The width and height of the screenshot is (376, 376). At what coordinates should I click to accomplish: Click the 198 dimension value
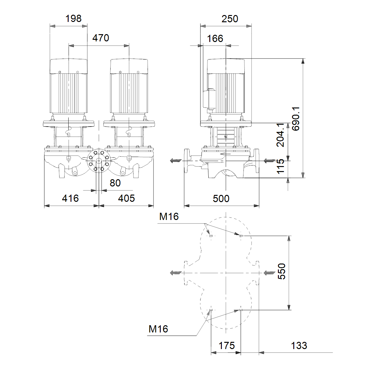(x=73, y=19)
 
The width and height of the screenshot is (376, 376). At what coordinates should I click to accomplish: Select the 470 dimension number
(x=101, y=38)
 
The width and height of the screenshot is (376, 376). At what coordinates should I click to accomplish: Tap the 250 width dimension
(x=230, y=19)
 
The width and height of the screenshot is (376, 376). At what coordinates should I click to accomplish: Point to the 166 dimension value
(x=215, y=39)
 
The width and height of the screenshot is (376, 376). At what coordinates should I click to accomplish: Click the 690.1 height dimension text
(x=296, y=119)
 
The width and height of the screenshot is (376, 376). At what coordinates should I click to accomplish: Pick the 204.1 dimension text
(x=280, y=135)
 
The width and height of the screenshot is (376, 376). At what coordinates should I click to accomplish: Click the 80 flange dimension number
(x=115, y=183)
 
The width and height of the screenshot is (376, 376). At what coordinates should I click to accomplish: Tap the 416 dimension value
(x=70, y=198)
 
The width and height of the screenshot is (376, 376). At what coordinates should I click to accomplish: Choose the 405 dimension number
(x=127, y=198)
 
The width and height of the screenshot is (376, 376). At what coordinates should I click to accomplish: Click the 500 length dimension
(x=221, y=199)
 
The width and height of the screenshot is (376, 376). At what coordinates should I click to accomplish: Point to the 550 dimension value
(x=282, y=271)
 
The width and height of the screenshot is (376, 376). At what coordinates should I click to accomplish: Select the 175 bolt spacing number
(x=227, y=346)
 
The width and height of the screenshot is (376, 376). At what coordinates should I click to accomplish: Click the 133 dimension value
(x=299, y=346)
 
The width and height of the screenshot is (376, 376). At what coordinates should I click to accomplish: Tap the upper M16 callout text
(x=169, y=217)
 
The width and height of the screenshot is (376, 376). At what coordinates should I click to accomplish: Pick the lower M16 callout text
(x=158, y=329)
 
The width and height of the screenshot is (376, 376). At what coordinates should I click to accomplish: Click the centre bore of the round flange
(x=99, y=161)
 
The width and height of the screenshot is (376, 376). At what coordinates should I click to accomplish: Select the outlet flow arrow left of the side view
(x=176, y=161)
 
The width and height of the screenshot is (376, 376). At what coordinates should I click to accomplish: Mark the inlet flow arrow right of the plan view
(x=269, y=273)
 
